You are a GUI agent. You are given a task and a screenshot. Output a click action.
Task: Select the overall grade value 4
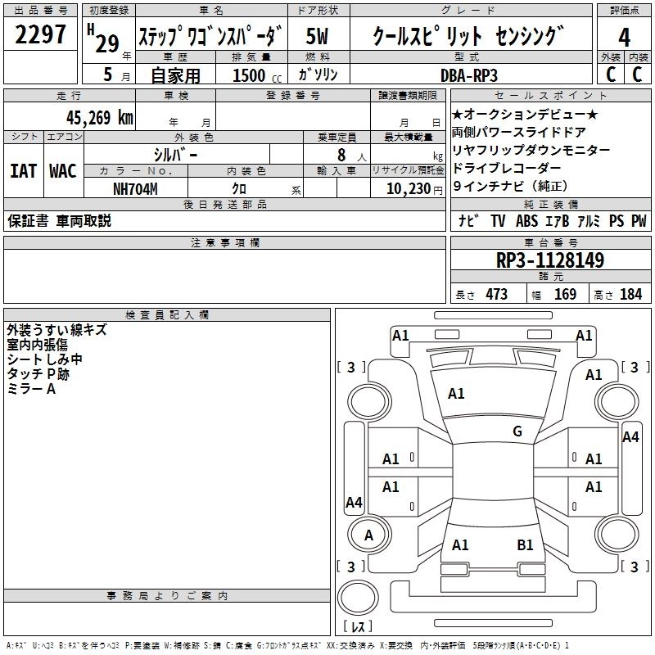(624, 38)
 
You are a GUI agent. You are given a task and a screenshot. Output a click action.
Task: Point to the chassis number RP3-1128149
(550, 261)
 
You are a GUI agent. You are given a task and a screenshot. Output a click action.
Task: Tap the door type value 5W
(318, 38)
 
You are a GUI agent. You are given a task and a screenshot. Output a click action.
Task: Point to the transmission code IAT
(23, 171)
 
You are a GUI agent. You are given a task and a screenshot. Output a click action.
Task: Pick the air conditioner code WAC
(62, 171)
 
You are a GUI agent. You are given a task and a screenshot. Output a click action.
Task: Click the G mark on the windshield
(517, 431)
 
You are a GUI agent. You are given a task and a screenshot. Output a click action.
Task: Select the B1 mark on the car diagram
(525, 544)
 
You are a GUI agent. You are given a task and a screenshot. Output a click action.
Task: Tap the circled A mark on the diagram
(368, 535)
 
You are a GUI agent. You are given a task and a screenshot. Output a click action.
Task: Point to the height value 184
(630, 295)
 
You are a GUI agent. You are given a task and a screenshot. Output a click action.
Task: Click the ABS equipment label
(526, 221)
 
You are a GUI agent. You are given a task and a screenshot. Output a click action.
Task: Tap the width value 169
(565, 295)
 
